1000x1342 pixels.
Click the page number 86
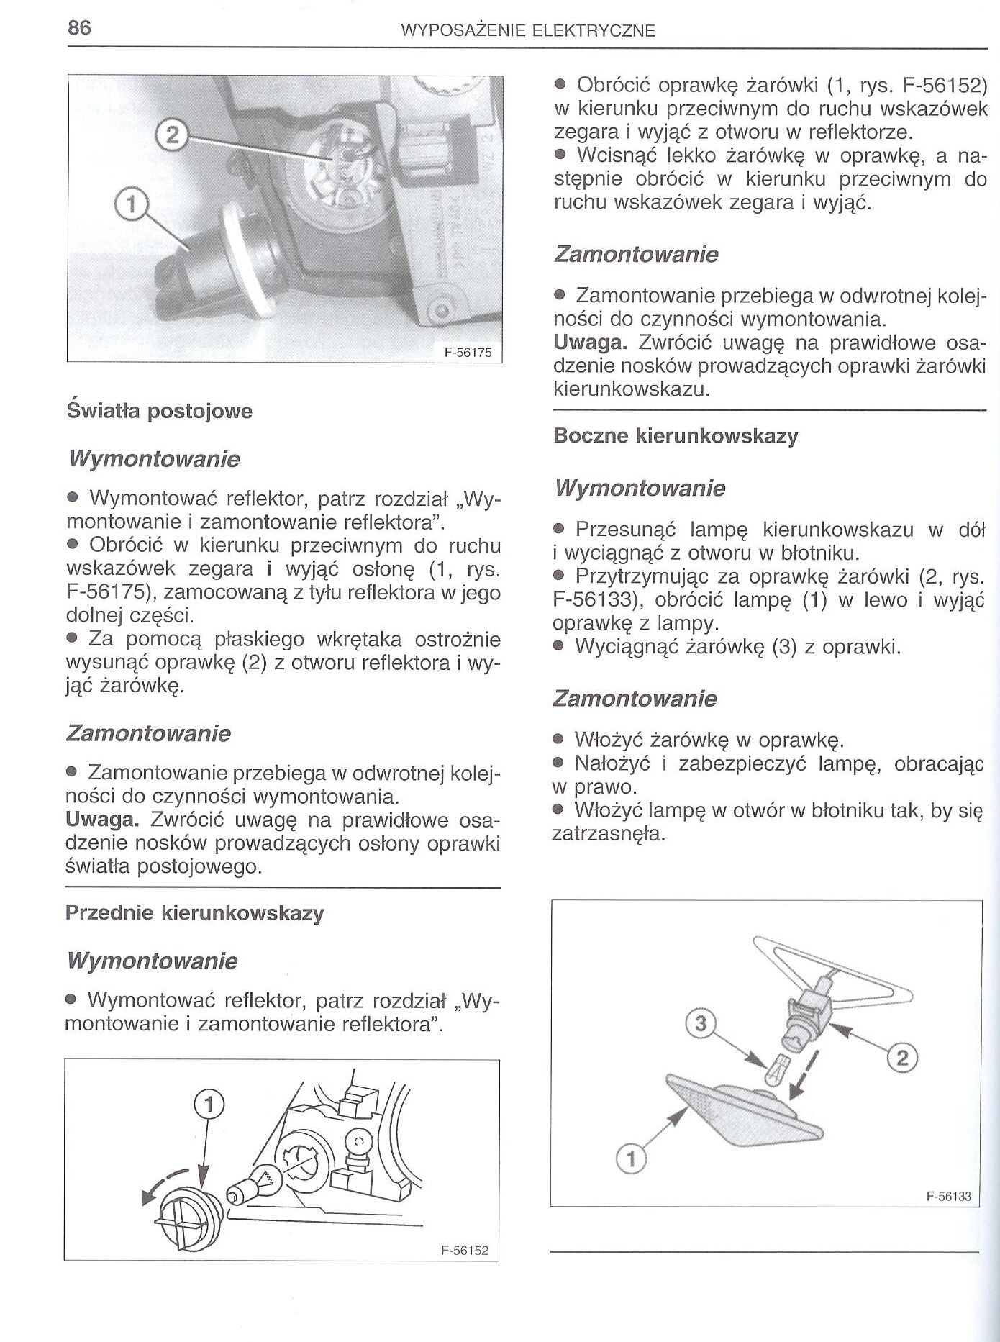pyautogui.click(x=78, y=28)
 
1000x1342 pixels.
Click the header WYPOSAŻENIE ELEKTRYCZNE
pyautogui.click(x=527, y=31)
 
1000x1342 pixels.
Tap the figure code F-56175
pyautogui.click(x=468, y=353)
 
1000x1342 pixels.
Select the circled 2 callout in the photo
pyautogui.click(x=171, y=135)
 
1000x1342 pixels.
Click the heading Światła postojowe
pyautogui.click(x=159, y=412)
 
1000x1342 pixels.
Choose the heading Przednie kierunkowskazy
pyautogui.click(x=194, y=913)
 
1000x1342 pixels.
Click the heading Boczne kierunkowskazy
pyautogui.click(x=676, y=436)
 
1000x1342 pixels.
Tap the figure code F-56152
pyautogui.click(x=465, y=1251)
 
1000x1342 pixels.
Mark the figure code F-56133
pyautogui.click(x=948, y=1197)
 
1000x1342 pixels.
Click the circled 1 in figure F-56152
pyautogui.click(x=207, y=1102)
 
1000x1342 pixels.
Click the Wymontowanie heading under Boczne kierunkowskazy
pyautogui.click(x=640, y=489)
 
